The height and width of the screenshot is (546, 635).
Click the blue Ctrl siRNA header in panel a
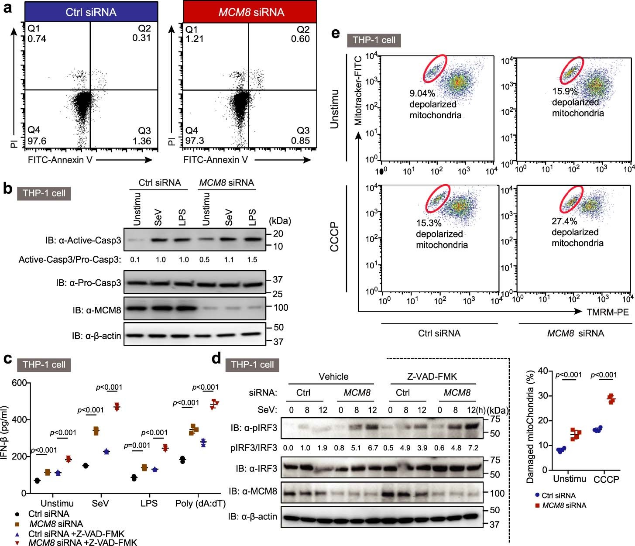coord(91,12)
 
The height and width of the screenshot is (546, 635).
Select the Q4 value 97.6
coord(37,141)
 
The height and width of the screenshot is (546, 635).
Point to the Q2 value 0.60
coord(300,39)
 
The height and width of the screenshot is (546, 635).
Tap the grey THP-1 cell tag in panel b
coord(44,193)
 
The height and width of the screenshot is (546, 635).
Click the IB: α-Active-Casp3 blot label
coord(83,240)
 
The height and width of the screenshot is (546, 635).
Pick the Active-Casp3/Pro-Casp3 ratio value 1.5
coord(252,260)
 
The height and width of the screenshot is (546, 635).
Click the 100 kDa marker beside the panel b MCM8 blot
coord(281,307)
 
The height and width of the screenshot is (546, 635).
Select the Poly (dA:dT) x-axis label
coord(200,503)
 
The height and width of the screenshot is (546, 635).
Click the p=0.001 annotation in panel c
coord(137,445)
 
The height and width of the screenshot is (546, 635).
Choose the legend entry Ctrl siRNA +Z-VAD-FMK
coord(76,534)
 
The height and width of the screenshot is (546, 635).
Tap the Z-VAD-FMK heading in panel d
coord(432,377)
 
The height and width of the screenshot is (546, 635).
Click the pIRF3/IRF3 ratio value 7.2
coord(473,448)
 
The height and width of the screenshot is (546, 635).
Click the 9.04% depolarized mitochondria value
coord(422,93)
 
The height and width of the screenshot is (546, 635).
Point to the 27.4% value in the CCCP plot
coord(564,221)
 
